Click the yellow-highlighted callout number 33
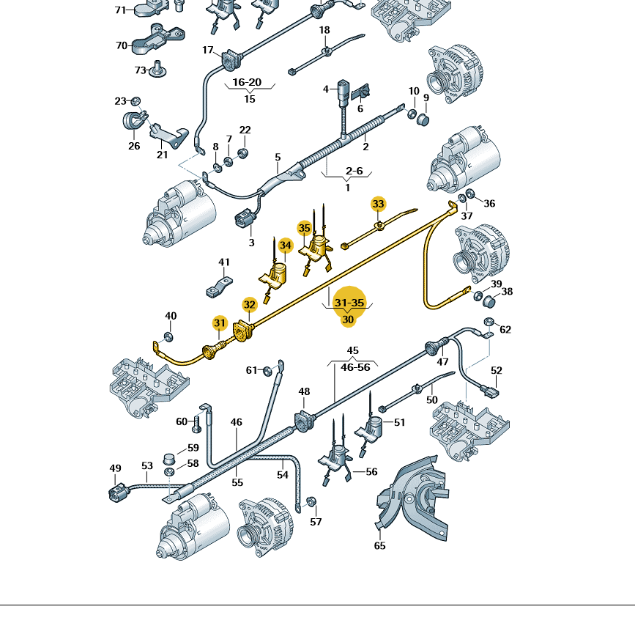pos(378,204)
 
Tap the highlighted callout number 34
pos(286,246)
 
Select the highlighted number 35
pos(304,228)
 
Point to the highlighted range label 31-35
pos(349,303)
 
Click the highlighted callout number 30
pos(348,320)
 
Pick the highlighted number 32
pos(250,305)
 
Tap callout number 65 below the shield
pos(379,545)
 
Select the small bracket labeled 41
pos(219,287)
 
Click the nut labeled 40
pos(168,336)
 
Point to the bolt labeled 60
pos(197,423)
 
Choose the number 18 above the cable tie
pos(324,30)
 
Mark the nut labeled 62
pos(489,322)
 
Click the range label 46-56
pos(355,367)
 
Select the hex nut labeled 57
pos(311,502)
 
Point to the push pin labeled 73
pos(157,70)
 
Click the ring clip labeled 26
pos(134,121)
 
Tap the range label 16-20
pos(247,82)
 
